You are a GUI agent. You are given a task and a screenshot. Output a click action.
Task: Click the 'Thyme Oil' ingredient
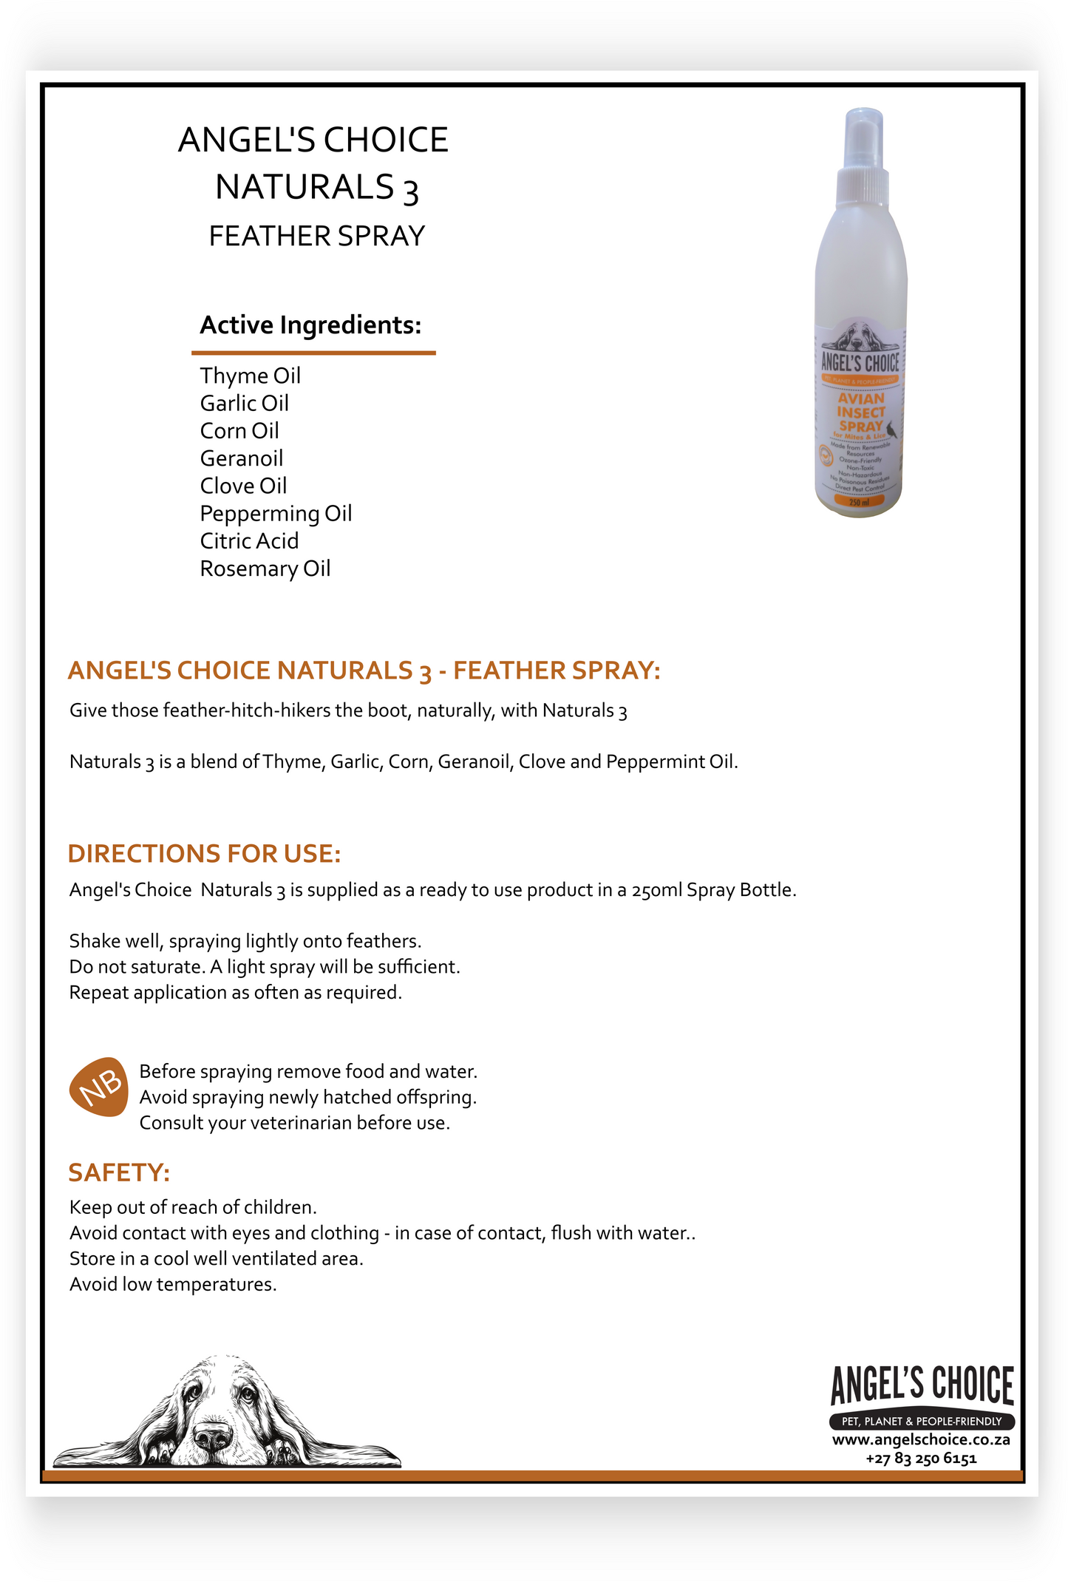pos(250,376)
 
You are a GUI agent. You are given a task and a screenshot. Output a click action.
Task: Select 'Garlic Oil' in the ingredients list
pos(244,403)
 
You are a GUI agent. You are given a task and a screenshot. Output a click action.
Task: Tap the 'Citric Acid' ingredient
pos(249,541)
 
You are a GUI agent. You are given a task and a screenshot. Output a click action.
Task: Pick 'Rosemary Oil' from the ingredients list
pos(265,568)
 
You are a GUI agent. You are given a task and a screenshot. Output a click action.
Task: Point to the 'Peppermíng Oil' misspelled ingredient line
pos(276,513)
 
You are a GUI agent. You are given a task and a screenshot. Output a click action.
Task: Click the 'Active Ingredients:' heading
pos(310,325)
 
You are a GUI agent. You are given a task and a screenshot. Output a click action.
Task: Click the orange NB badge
pos(99,1086)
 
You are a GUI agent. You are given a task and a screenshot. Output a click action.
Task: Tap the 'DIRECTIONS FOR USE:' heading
pos(204,854)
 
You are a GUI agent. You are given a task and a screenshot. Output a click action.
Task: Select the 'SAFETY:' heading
pos(119,1172)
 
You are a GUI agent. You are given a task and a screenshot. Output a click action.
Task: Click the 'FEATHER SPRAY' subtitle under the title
pos(316,237)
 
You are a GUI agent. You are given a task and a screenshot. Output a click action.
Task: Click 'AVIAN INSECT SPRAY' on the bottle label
pos(861,413)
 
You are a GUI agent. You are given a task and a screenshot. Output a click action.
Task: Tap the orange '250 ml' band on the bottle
pos(859,502)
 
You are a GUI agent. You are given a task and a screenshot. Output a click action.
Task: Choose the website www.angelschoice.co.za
pos(921,1440)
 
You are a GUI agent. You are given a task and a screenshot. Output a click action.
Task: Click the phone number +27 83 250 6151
pos(921,1459)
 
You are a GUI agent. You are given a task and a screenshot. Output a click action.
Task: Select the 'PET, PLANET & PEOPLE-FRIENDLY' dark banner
pos(922,1421)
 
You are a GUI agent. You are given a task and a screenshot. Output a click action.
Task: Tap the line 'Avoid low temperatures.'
pos(173,1284)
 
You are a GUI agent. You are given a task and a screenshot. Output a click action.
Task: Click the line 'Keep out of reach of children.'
pos(193,1207)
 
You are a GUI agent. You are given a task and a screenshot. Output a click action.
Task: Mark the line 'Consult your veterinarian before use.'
pos(294,1123)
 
